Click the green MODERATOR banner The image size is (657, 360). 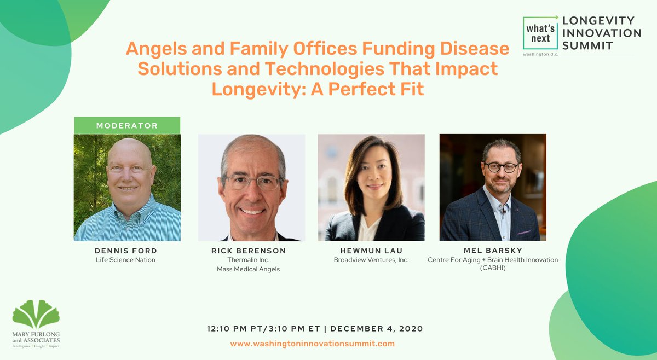point(127,126)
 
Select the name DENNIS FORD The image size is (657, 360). point(125,251)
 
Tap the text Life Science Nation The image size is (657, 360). point(125,260)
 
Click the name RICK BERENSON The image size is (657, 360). point(248,251)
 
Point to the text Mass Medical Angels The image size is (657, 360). point(248,269)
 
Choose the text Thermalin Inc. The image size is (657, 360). point(248,260)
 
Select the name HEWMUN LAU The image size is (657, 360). point(371,251)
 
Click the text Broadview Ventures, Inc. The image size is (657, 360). point(371,260)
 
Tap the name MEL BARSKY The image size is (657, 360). point(493,251)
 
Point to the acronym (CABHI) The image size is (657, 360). point(493,269)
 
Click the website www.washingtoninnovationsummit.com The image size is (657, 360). point(312,344)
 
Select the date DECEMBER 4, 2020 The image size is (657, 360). point(377,329)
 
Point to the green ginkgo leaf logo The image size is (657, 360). point(36,314)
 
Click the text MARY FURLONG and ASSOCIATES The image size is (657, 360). point(36,336)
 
